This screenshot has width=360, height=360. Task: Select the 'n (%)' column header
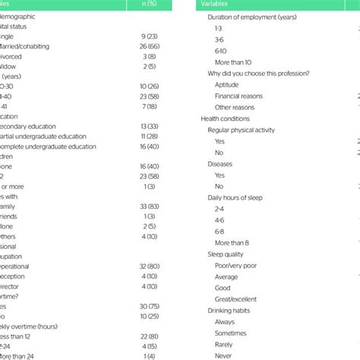tap(150, 5)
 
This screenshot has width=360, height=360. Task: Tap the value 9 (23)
tap(150, 35)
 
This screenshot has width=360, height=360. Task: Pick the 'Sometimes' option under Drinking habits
tap(232, 333)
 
